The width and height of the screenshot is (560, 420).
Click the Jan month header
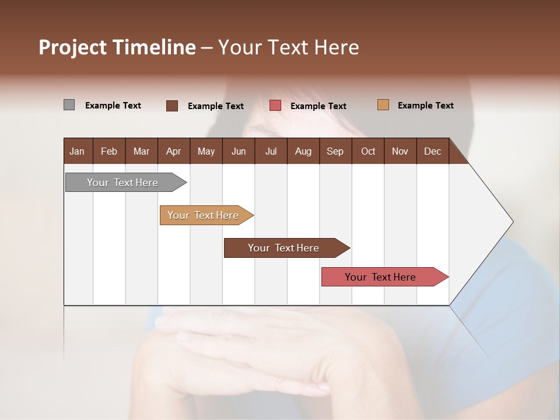77,151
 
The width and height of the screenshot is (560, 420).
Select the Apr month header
173,151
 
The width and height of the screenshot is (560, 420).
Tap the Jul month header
271,151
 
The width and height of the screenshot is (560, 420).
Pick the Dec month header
432,151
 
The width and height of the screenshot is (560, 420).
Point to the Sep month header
335,151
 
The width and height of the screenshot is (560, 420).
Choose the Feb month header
109,151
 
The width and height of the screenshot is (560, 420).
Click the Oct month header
368,151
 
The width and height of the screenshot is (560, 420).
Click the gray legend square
69,105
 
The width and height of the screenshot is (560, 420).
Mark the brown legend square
172,106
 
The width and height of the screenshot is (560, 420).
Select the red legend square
275,106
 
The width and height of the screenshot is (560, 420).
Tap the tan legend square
383,105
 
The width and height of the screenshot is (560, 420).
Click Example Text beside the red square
318,106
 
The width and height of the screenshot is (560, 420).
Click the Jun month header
239,151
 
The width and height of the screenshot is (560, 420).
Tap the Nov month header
400,151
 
